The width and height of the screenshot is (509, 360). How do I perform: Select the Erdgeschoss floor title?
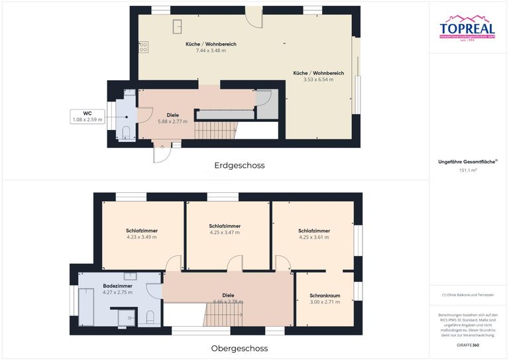(239, 165)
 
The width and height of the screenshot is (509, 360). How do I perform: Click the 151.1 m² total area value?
(469, 170)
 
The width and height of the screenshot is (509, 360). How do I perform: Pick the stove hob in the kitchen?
(143, 47)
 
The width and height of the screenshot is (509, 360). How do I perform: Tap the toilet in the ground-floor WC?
(125, 131)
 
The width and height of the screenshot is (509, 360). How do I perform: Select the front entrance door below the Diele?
(161, 152)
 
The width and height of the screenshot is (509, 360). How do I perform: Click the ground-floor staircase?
(215, 131)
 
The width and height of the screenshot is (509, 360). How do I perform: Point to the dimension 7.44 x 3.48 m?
(207, 51)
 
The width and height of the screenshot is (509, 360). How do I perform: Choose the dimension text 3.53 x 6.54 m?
(314, 80)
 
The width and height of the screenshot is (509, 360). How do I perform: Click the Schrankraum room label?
(325, 295)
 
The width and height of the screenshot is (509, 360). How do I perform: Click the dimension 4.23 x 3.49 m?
(142, 237)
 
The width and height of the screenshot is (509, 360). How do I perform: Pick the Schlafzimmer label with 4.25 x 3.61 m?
(314, 231)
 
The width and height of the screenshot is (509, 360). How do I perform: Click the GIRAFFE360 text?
(469, 346)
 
